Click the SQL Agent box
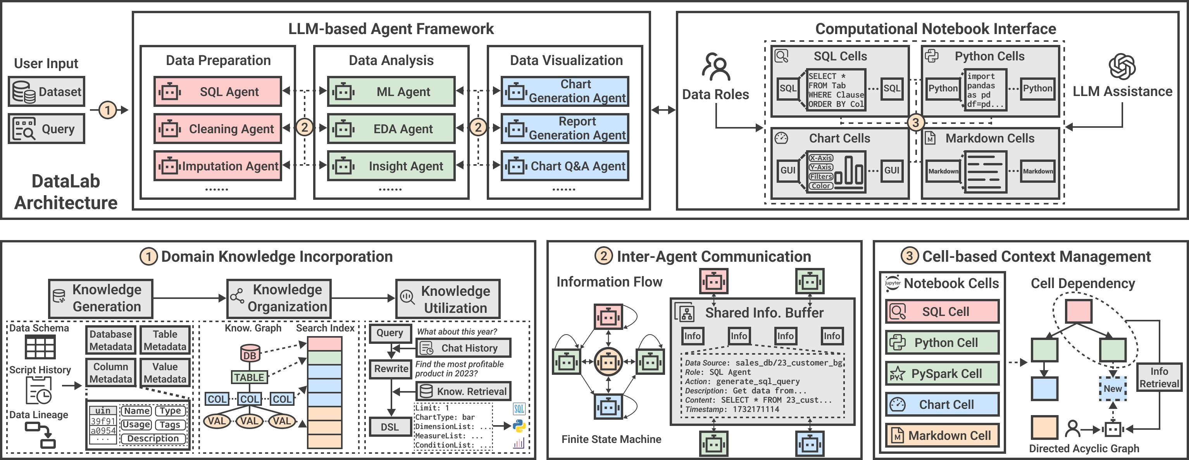pos(217,91)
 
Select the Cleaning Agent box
pos(217,129)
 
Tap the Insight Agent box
pos(391,166)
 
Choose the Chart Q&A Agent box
pos(565,166)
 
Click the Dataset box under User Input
pos(47,91)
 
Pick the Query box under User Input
pos(47,129)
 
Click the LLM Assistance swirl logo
pos(1122,67)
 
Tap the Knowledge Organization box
pos(279,298)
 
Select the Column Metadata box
pos(111,372)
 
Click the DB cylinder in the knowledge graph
pos(250,354)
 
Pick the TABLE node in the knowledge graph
pos(249,378)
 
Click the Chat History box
pos(464,348)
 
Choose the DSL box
pos(390,427)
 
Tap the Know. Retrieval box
pos(464,391)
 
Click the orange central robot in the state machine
pos(608,362)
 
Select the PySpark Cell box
pos(942,373)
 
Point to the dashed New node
pos(1112,388)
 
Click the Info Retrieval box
pos(1159,378)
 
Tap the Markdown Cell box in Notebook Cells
pos(942,435)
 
